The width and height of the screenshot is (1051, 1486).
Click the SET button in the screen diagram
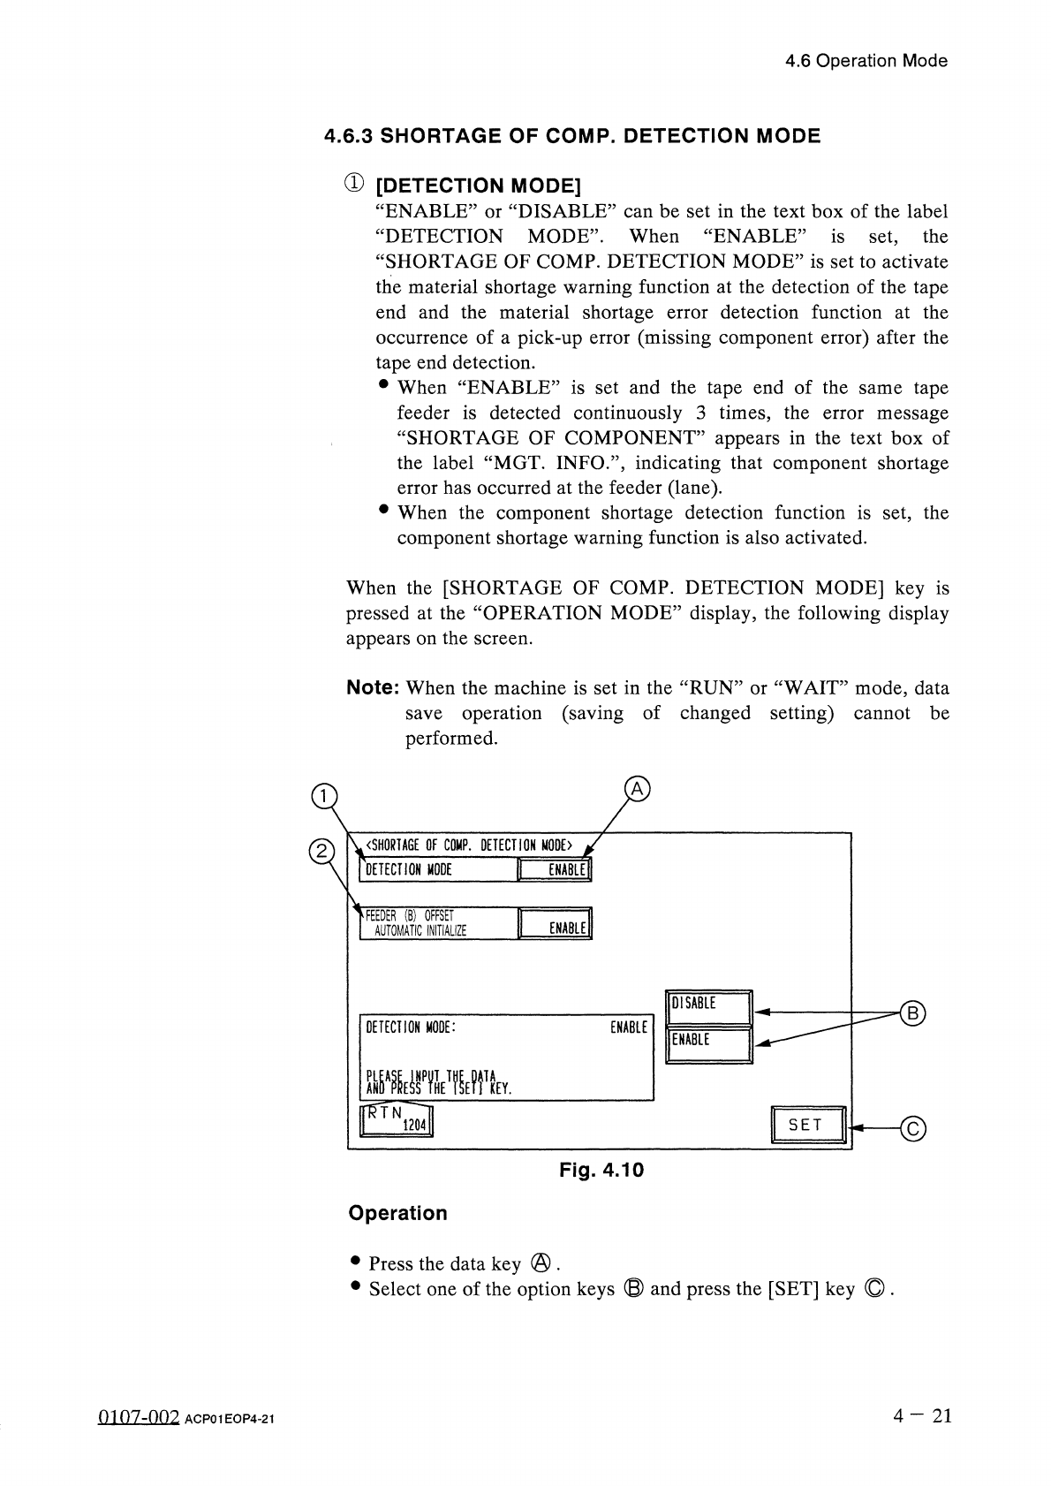[x=808, y=1124]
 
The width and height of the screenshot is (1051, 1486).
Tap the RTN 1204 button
[x=396, y=1118]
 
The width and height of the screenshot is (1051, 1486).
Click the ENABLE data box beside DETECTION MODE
[x=555, y=870]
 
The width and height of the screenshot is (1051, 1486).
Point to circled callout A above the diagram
[x=637, y=788]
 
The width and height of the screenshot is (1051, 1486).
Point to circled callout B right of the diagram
[x=912, y=1012]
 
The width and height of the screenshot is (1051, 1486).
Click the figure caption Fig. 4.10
[x=601, y=1171]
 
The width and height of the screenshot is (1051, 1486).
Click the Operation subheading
[x=398, y=1213]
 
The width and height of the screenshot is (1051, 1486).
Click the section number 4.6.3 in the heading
[x=349, y=136]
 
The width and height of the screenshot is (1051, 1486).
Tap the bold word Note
[x=374, y=687]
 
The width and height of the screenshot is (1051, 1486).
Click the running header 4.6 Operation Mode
[x=866, y=61]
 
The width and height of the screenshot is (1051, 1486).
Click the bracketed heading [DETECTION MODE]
[x=478, y=186]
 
